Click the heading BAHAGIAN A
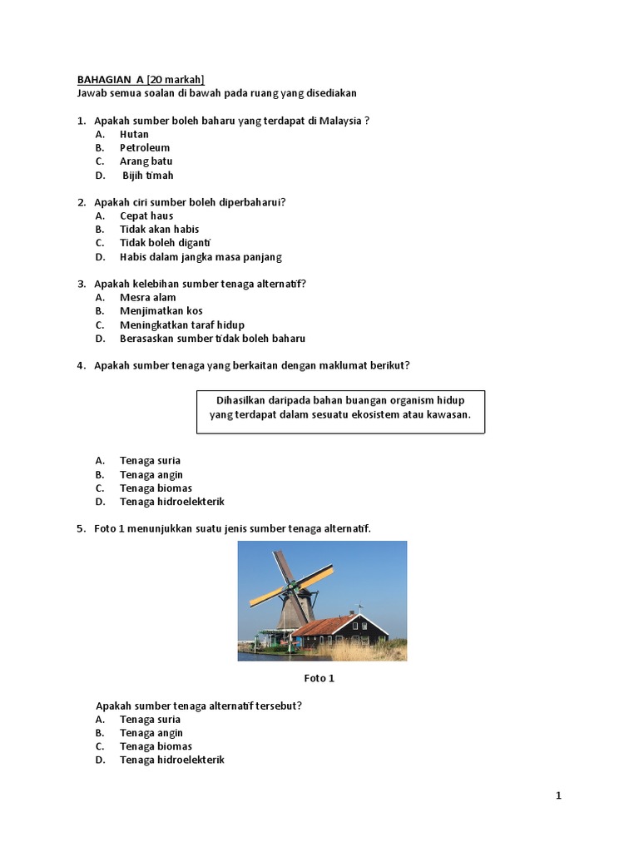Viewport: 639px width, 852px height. pos(111,80)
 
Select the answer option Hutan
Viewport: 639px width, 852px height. pos(134,134)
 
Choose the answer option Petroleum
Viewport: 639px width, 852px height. pos(144,148)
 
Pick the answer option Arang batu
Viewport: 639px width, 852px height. pos(146,161)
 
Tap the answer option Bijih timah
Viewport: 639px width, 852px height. pos(148,176)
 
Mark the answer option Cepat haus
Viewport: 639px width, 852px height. pos(146,215)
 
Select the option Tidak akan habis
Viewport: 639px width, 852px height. pos(159,230)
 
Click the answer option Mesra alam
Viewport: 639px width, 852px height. pos(147,297)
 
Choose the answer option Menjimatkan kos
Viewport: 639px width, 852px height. pos(161,311)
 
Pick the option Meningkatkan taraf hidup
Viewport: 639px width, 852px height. pos(181,324)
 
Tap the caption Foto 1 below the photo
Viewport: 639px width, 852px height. pos(319,678)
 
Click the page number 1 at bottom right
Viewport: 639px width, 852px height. pos(558,796)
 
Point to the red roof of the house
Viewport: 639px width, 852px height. pos(324,625)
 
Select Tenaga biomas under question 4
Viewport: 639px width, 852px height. pos(156,488)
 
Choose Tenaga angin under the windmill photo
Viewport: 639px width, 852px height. pos(151,733)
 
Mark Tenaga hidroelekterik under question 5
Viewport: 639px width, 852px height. pos(171,760)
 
